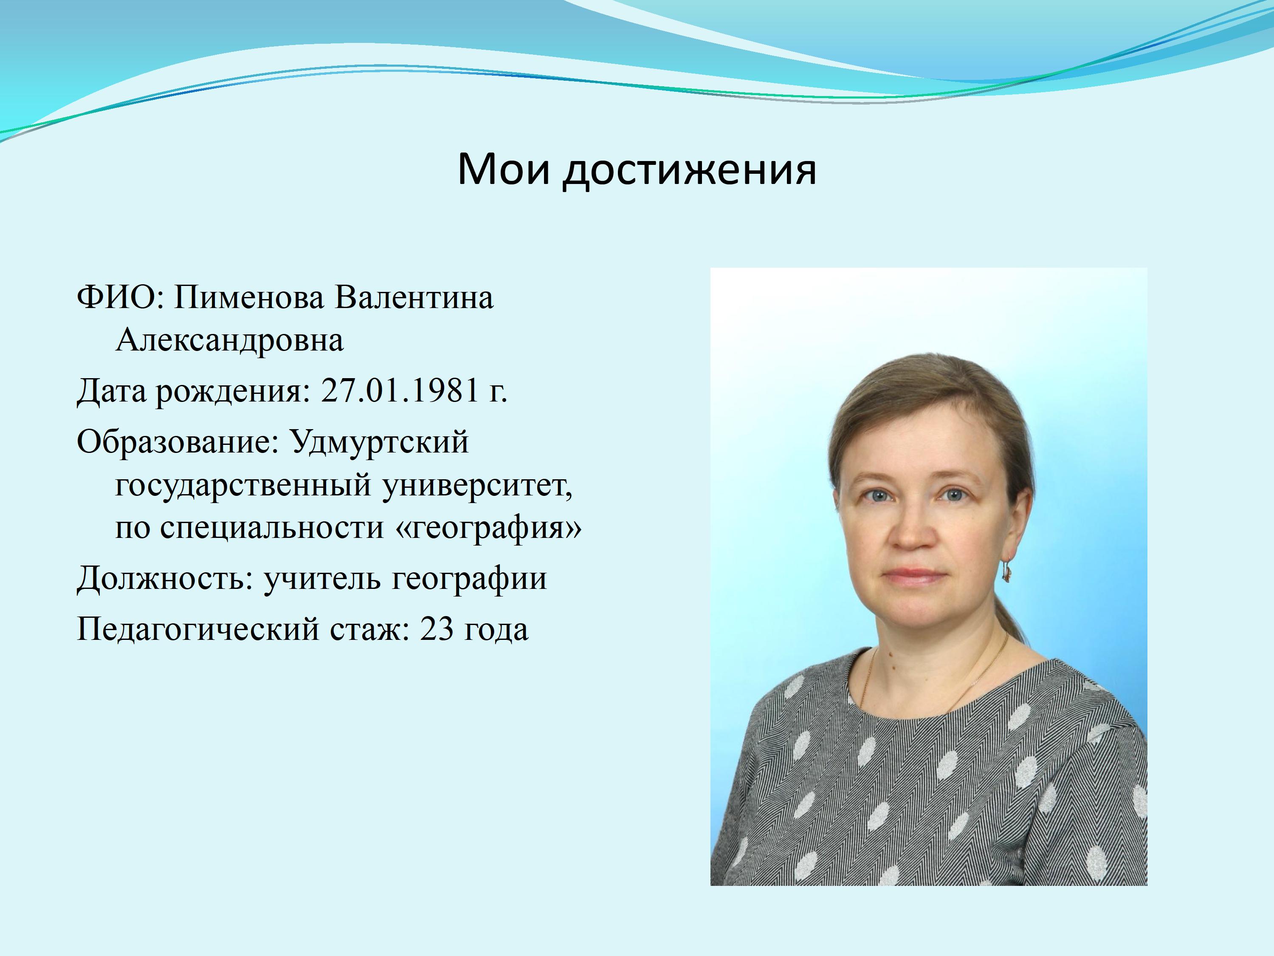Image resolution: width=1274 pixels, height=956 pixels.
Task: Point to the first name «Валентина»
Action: pyautogui.click(x=414, y=297)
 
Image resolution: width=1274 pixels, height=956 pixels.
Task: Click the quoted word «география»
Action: pyautogui.click(x=490, y=527)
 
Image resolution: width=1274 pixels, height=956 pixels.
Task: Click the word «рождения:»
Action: pyautogui.click(x=233, y=392)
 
